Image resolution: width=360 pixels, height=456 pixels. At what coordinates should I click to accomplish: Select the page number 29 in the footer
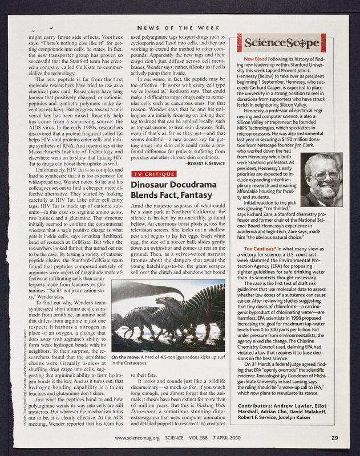334,438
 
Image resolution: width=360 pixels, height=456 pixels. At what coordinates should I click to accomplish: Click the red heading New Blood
255,59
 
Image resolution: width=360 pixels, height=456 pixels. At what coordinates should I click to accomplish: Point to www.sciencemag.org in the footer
140,438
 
